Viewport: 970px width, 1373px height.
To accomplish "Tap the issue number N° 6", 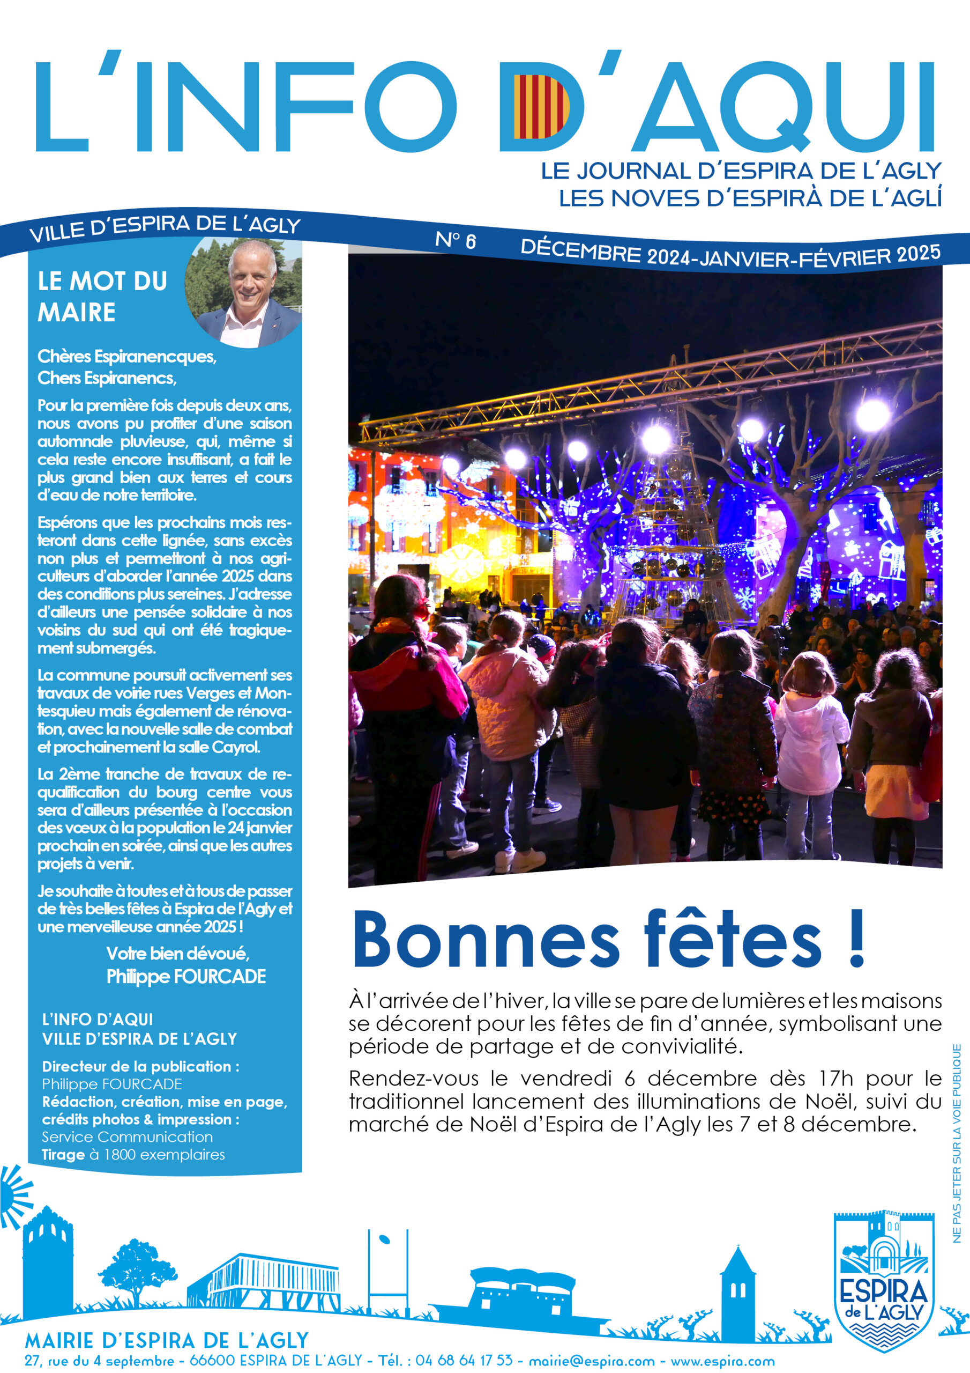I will (456, 240).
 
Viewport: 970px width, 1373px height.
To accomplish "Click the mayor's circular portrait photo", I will (244, 293).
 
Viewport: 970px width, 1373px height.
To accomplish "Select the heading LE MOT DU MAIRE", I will (102, 297).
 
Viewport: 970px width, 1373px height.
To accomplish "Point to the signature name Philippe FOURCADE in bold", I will (186, 977).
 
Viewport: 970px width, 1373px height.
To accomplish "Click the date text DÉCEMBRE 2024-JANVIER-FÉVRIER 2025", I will (730, 254).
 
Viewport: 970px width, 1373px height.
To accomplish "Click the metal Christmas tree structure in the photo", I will (675, 526).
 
